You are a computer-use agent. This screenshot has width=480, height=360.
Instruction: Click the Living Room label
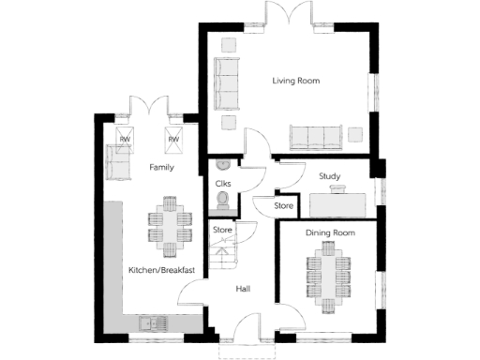[x=295, y=82]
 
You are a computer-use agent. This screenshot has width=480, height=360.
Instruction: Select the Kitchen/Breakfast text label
[x=161, y=271]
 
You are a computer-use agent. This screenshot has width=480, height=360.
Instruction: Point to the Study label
[x=329, y=175]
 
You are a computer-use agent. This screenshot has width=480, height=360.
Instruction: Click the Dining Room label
[x=329, y=232]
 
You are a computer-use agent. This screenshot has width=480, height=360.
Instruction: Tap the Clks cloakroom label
[x=223, y=184]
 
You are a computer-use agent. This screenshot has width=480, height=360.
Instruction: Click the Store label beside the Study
[x=283, y=206]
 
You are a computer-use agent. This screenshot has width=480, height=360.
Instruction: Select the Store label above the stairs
[x=222, y=230]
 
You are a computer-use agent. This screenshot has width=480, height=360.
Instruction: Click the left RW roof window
[x=124, y=139]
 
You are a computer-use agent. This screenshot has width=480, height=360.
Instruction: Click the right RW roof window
[x=172, y=139]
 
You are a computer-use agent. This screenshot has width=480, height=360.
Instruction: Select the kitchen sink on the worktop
[x=151, y=324]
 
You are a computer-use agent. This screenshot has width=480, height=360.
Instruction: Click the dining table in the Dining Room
[x=329, y=277]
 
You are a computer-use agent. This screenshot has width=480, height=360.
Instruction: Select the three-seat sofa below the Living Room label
[x=315, y=137]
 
